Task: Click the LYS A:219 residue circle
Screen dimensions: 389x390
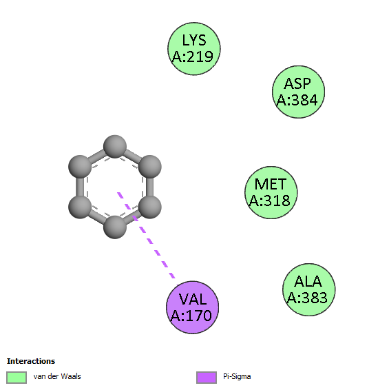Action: coord(194,48)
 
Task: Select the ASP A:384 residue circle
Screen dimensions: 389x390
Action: coord(298,92)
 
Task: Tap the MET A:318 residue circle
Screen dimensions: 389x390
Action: coord(271,192)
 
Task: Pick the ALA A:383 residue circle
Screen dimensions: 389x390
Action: coord(308,290)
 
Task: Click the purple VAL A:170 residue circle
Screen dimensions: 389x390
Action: coord(192,307)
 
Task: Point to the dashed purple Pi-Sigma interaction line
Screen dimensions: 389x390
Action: coord(147,235)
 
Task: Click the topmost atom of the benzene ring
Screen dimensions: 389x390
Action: coord(115,147)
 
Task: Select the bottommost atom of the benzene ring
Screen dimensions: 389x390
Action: coord(115,227)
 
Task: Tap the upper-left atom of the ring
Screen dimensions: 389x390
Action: coord(80,167)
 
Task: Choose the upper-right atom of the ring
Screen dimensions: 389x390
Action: coord(149,167)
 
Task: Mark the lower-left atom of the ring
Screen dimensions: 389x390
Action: coord(80,207)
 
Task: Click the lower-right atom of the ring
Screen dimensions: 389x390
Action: coord(149,207)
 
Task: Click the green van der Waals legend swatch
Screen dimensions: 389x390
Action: coord(17,378)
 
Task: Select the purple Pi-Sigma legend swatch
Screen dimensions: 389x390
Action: coord(207,378)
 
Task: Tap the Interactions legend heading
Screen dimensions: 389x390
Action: coord(31,361)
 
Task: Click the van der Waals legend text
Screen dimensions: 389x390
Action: coord(57,377)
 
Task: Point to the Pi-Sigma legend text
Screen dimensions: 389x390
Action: coord(237,377)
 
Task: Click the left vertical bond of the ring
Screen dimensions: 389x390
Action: coord(80,187)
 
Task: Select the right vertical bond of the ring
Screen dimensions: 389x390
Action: coord(149,187)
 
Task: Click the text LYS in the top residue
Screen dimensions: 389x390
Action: coord(194,40)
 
